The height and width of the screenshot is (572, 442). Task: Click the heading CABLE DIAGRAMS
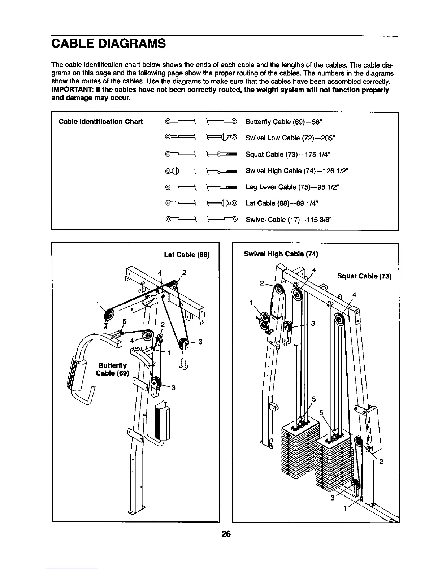pos(108,44)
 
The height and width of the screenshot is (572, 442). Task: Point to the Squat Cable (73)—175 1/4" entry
pos(288,155)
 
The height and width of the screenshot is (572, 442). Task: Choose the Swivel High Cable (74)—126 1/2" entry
pos(297,171)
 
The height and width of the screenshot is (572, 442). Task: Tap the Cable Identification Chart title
pos(101,122)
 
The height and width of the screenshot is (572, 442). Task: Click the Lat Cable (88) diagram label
pos(187,255)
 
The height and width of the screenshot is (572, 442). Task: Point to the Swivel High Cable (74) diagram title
pos(281,254)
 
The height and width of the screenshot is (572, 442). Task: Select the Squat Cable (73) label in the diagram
pos(364,277)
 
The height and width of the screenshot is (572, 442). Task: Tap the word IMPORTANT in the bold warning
pos(73,90)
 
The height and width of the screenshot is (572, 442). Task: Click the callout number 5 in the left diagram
pos(124,321)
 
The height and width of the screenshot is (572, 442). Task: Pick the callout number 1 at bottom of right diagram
pos(345,509)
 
